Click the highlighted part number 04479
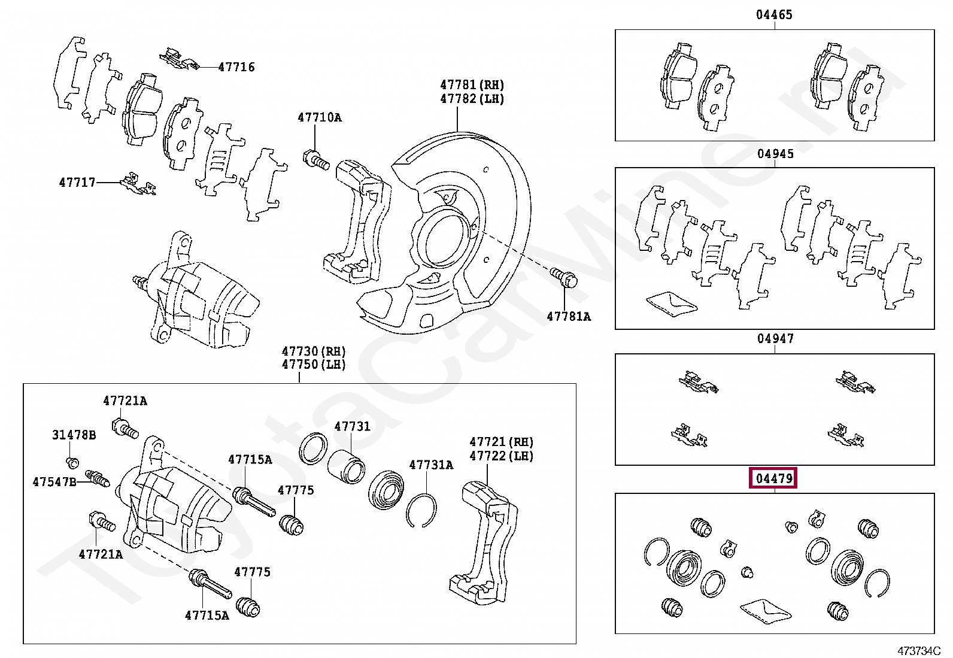click(774, 478)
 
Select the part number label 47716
click(236, 67)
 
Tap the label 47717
click(77, 182)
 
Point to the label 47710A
click(320, 117)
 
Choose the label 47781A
click(568, 316)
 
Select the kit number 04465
click(774, 14)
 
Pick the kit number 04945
click(775, 154)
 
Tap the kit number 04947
click(775, 339)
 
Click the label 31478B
click(74, 435)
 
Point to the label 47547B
click(54, 481)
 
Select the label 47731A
click(431, 465)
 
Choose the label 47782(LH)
click(472, 99)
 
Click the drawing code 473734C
click(919, 650)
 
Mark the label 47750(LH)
click(314, 365)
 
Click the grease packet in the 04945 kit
click(672, 302)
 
